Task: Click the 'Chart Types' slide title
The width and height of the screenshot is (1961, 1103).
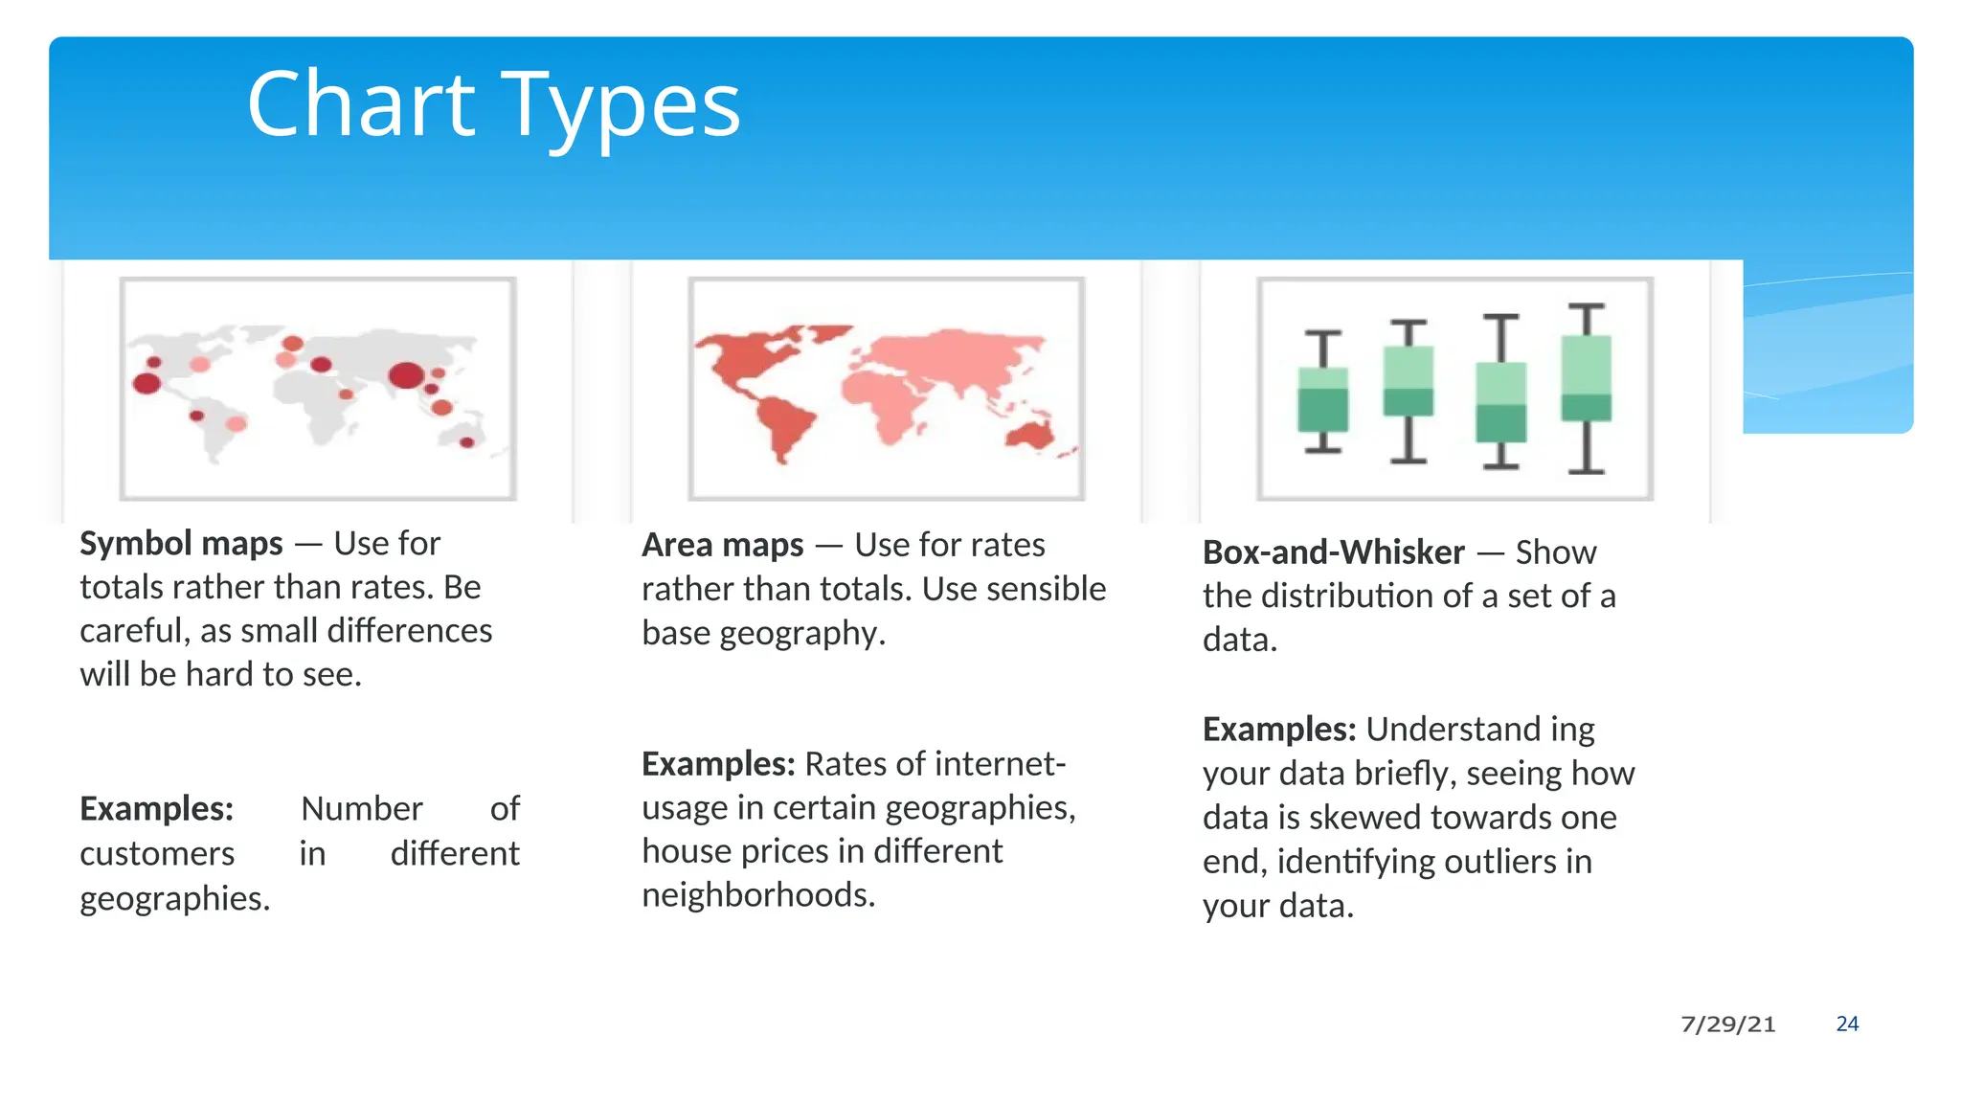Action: point(493,105)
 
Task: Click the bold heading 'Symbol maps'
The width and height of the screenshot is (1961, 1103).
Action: point(181,544)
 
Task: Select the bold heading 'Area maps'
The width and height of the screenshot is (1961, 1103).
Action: point(723,546)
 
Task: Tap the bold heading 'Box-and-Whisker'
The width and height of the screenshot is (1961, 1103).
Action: point(1333,552)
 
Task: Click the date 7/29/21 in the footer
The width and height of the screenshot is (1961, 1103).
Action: point(1727,1024)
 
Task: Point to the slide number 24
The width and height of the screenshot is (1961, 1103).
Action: point(1847,1024)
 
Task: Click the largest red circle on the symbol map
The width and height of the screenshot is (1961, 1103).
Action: point(406,374)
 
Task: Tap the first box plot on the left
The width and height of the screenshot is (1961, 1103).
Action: point(1323,397)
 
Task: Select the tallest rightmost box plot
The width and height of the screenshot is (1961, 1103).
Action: point(1587,383)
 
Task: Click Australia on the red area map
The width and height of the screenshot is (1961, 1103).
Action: point(1030,434)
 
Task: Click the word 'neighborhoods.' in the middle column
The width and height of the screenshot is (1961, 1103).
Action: point(758,895)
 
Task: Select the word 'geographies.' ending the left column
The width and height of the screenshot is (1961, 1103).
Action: point(175,899)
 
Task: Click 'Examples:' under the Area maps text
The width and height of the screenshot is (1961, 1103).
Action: point(718,764)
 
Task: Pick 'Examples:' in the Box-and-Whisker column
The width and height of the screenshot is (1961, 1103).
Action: point(1279,730)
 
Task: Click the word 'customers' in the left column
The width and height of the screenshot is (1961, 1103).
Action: point(157,854)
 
